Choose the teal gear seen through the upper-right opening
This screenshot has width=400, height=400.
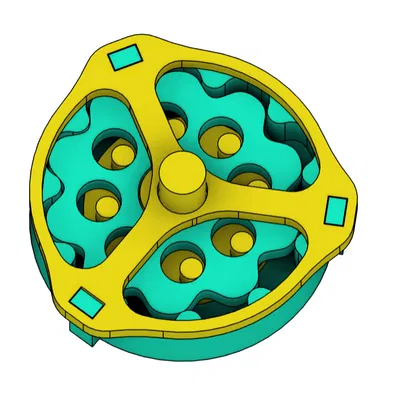point(245,150)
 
